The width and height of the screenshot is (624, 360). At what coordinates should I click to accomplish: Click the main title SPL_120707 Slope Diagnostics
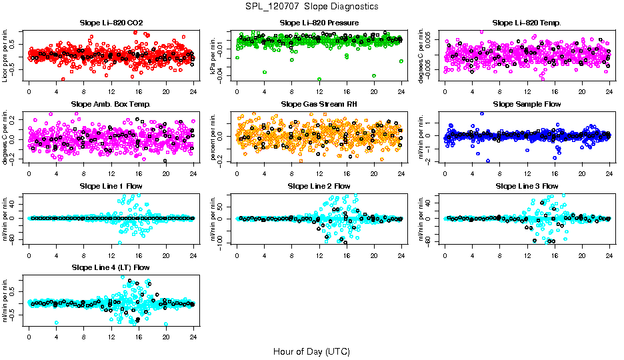(x=311, y=6)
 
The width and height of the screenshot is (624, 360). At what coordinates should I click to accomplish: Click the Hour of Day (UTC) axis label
(x=311, y=351)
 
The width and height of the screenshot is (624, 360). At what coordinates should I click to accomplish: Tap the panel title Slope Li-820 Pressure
(x=319, y=23)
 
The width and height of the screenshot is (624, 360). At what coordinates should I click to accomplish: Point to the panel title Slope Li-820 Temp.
(x=527, y=23)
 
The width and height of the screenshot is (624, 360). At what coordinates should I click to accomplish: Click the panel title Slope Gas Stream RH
(x=319, y=104)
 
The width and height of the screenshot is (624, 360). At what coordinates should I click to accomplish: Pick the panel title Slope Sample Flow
(x=527, y=104)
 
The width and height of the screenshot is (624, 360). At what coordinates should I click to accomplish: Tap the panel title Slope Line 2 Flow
(x=319, y=185)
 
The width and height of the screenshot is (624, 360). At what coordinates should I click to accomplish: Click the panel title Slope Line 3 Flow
(x=527, y=185)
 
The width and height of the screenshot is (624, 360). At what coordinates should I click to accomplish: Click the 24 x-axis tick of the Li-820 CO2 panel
(x=193, y=92)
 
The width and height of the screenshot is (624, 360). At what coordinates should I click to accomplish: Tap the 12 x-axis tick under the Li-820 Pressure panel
(x=319, y=92)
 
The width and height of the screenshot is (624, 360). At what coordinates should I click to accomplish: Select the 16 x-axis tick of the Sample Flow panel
(x=555, y=173)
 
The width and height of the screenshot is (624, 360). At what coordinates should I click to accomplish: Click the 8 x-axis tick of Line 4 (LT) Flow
(x=83, y=337)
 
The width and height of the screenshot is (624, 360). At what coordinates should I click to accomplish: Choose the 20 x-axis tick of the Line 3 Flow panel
(x=582, y=255)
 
